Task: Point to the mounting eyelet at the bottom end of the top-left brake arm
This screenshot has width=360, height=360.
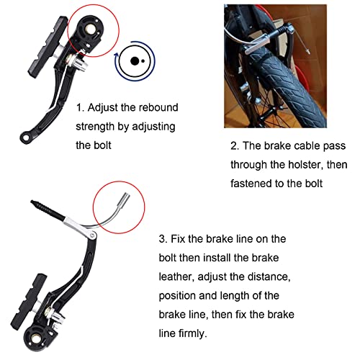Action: click(24, 135)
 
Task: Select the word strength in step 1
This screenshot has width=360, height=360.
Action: click(101, 127)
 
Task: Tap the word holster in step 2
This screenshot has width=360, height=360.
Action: click(310, 163)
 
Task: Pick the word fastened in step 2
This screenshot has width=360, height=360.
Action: click(254, 182)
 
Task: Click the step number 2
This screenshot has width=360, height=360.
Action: click(235, 145)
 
